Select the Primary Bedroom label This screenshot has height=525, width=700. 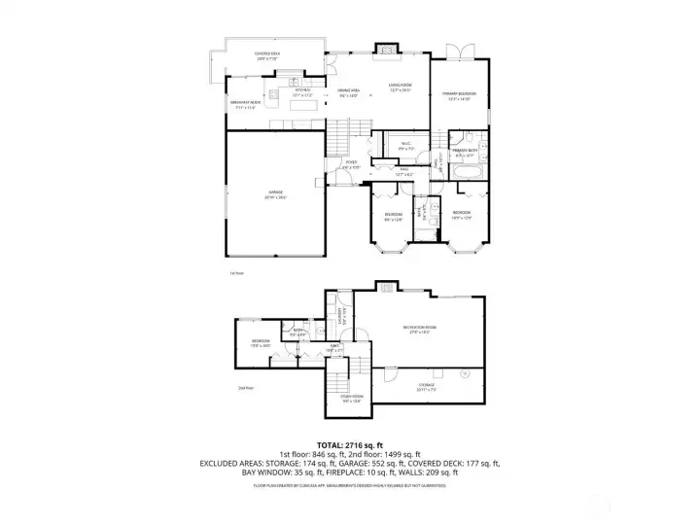pyautogui.click(x=457, y=96)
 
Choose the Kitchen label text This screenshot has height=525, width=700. pyautogui.click(x=302, y=92)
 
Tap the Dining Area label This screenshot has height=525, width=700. pyautogui.click(x=348, y=93)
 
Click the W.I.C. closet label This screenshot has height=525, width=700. pyautogui.click(x=406, y=147)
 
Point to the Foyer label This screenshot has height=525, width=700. pyautogui.click(x=350, y=166)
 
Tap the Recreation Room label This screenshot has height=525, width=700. pyautogui.click(x=420, y=330)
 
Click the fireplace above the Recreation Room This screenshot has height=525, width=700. pyautogui.click(x=387, y=287)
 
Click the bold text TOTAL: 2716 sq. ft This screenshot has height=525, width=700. pyautogui.click(x=349, y=445)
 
